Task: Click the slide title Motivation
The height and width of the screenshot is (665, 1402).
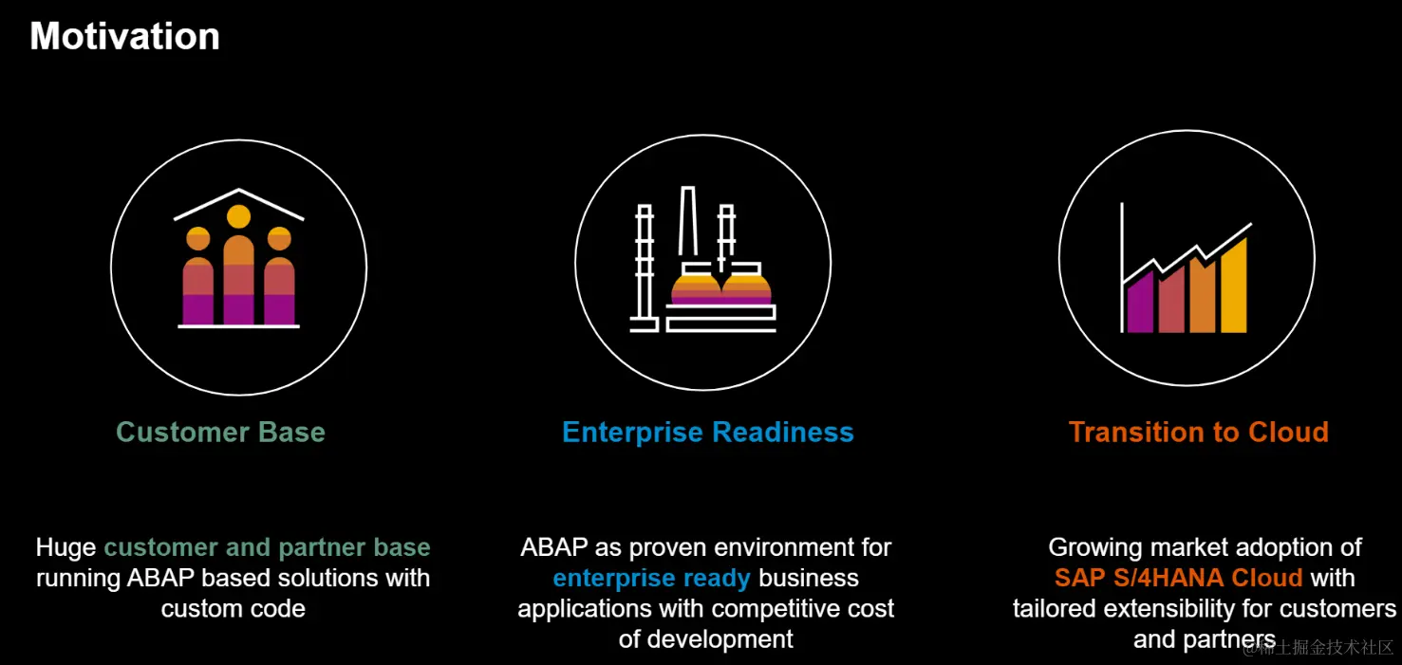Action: pyautogui.click(x=124, y=36)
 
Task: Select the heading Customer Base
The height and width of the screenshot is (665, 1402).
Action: pyautogui.click(x=220, y=433)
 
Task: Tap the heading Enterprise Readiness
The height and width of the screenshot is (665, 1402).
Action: pyautogui.click(x=707, y=433)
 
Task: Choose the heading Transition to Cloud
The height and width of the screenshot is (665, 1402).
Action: pyautogui.click(x=1198, y=433)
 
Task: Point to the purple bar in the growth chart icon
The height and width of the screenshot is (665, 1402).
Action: pyautogui.click(x=1139, y=304)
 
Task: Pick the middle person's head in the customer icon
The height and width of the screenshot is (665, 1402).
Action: pyautogui.click(x=238, y=217)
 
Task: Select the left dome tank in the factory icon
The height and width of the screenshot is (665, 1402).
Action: pyautogui.click(x=696, y=288)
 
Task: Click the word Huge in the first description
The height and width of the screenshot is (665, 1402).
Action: pyautogui.click(x=66, y=547)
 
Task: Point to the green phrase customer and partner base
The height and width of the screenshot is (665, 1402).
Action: pyautogui.click(x=267, y=547)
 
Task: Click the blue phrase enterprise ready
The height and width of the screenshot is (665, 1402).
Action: pyautogui.click(x=651, y=578)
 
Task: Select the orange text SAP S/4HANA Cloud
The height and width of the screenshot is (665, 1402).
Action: pyautogui.click(x=1178, y=578)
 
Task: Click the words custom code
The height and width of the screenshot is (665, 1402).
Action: pyautogui.click(x=233, y=608)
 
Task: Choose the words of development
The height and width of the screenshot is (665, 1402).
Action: pyautogui.click(x=705, y=638)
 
